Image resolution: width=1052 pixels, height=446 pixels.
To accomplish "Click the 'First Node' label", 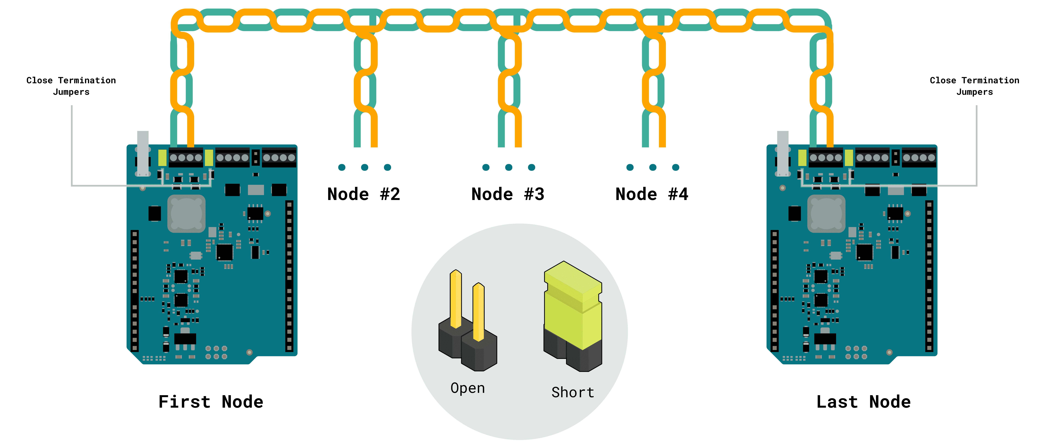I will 211,402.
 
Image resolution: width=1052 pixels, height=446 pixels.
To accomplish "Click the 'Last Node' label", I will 863,402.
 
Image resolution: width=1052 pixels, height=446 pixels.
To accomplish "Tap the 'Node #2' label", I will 363,194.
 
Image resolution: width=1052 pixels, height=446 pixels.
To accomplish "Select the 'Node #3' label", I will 508,194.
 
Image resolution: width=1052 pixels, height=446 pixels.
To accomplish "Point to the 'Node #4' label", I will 652,194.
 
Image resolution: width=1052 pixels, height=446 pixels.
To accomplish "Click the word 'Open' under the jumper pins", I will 468,388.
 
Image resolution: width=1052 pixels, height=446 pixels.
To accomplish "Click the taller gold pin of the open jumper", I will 456,298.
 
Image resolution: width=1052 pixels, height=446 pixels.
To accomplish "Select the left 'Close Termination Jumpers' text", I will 71,86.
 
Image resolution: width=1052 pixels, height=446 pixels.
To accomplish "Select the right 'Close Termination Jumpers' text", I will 974,86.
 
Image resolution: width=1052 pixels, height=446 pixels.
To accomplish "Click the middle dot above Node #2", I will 365,167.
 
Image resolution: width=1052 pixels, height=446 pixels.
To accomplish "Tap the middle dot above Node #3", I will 509,167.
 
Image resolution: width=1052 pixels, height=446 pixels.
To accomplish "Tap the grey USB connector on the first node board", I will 142,153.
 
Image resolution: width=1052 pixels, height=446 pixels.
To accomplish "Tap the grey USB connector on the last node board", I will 782,153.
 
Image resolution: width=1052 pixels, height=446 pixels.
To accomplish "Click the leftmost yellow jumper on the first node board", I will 162,158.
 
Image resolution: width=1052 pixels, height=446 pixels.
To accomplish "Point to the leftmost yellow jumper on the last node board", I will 802,158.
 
